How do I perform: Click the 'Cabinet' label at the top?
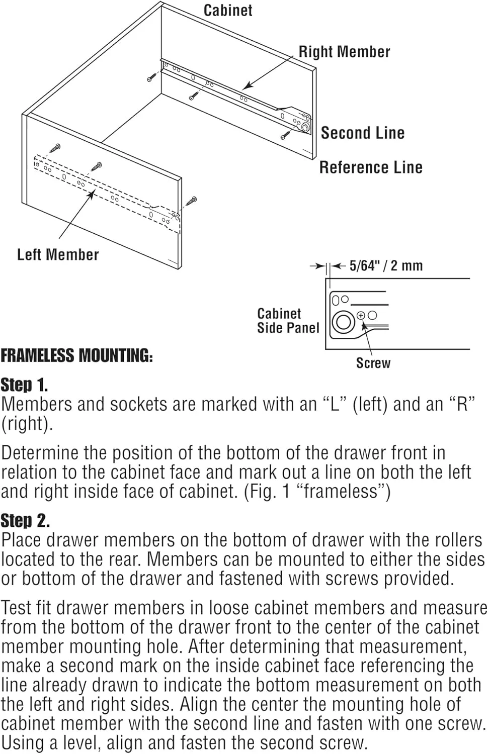click(227, 10)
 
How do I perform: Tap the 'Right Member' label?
click(344, 52)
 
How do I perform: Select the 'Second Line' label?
click(362, 133)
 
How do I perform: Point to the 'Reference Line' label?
click(371, 167)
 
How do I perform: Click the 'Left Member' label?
click(58, 254)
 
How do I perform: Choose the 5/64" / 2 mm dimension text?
click(386, 266)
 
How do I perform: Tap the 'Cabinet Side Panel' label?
click(288, 321)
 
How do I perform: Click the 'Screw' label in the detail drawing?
click(373, 363)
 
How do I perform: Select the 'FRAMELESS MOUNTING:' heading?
click(76, 356)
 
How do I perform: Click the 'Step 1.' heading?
click(24, 386)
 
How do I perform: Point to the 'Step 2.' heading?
click(25, 521)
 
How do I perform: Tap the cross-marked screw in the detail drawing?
click(361, 316)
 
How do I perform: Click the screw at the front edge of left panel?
click(191, 201)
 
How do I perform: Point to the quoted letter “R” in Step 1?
click(462, 405)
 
